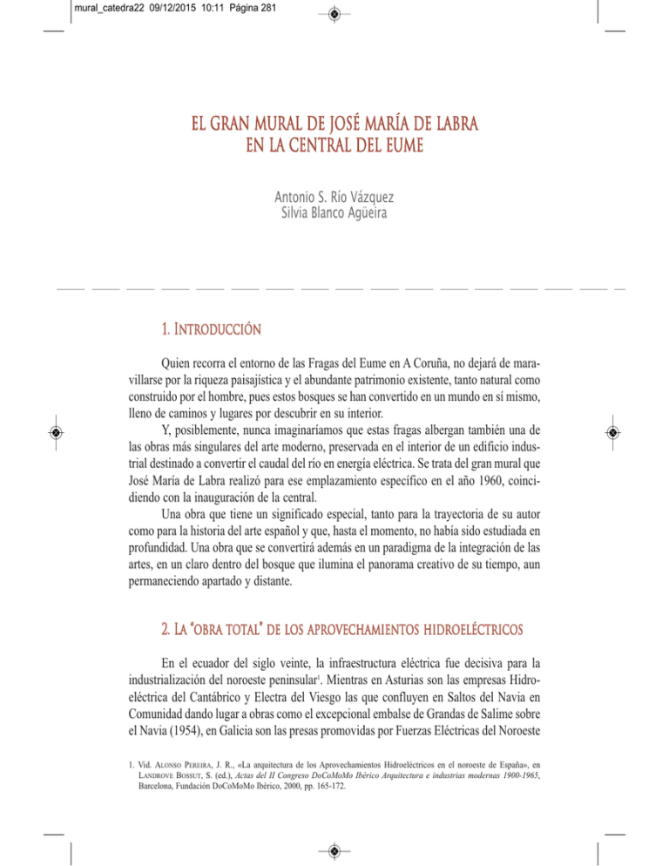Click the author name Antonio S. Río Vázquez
click(x=334, y=185)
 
